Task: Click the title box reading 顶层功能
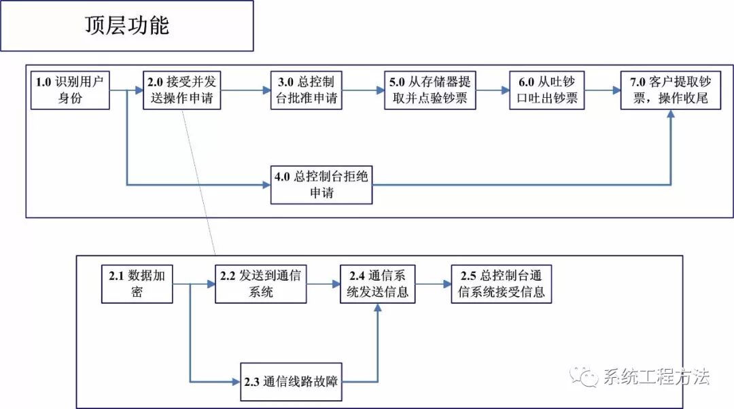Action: pos(127,26)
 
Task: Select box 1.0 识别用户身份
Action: pos(71,90)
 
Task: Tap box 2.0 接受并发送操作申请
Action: pos(182,90)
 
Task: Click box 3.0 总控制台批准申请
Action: pos(306,90)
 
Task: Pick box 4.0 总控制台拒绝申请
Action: pos(321,184)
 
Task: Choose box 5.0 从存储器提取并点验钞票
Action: pos(429,90)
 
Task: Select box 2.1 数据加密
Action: pos(136,284)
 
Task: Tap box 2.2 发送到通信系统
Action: pos(258,284)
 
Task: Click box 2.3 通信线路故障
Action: pos(292,381)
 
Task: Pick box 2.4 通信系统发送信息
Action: pos(378,284)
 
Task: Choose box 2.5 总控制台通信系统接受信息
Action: pos(501,284)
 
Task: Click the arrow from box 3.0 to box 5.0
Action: pos(362,90)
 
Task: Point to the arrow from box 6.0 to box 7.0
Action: pos(602,90)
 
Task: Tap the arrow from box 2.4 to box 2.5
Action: pos(433,284)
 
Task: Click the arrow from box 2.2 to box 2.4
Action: pos(320,284)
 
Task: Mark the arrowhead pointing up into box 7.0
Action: pos(671,115)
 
